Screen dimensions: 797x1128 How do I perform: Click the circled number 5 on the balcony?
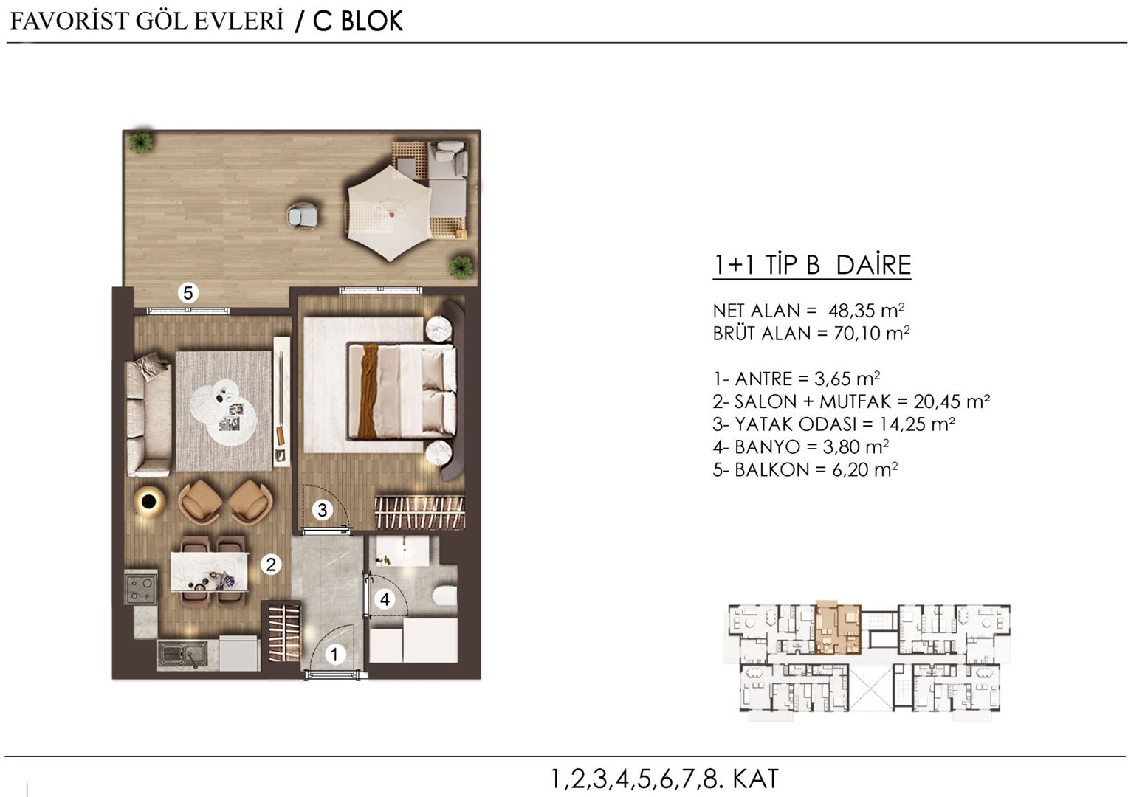pyautogui.click(x=188, y=293)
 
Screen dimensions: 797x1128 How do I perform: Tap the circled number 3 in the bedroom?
pyautogui.click(x=322, y=509)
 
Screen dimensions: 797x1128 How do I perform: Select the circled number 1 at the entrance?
pyautogui.click(x=335, y=654)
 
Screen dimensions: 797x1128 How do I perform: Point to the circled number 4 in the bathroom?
pyautogui.click(x=385, y=599)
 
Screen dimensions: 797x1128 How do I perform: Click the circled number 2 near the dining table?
pyautogui.click(x=271, y=565)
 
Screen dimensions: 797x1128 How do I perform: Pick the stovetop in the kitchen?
pyautogui.click(x=140, y=587)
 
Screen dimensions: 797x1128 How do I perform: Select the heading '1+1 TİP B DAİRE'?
pyautogui.click(x=811, y=265)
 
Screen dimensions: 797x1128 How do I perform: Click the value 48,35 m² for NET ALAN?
pyautogui.click(x=867, y=311)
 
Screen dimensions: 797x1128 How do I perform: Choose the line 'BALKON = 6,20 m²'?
pyautogui.click(x=805, y=469)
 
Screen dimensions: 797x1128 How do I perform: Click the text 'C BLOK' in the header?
pyautogui.click(x=358, y=21)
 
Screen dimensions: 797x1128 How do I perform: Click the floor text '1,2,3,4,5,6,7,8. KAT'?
pyautogui.click(x=664, y=779)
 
